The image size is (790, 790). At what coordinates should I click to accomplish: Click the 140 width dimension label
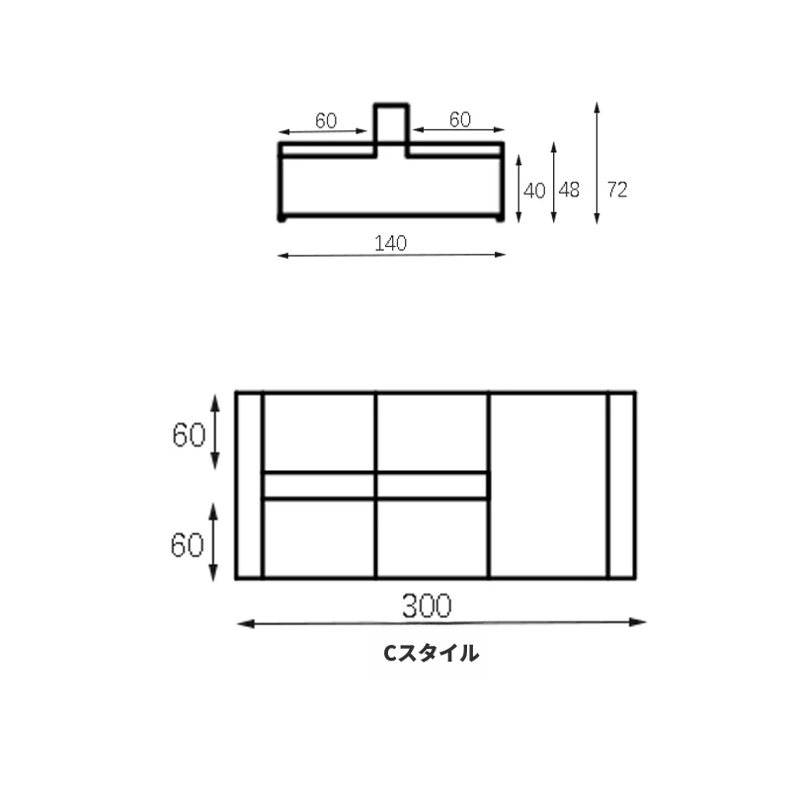(390, 243)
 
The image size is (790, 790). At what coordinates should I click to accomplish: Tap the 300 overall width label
(427, 605)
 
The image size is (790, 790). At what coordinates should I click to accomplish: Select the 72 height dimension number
(617, 190)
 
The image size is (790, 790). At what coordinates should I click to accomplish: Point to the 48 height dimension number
(570, 190)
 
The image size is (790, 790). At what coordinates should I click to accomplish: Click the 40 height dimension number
(534, 191)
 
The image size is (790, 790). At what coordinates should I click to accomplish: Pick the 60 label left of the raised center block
(326, 120)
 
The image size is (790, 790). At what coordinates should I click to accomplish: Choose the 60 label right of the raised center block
(460, 119)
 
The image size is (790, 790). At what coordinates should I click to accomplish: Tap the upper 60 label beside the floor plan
(189, 434)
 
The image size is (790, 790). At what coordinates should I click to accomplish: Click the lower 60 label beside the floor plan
(187, 545)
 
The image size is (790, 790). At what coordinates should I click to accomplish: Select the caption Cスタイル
(432, 653)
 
